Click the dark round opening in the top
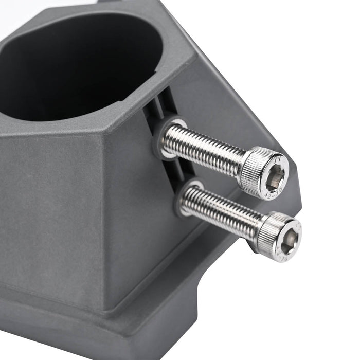tap(77, 62)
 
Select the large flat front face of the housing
tap(51, 206)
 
